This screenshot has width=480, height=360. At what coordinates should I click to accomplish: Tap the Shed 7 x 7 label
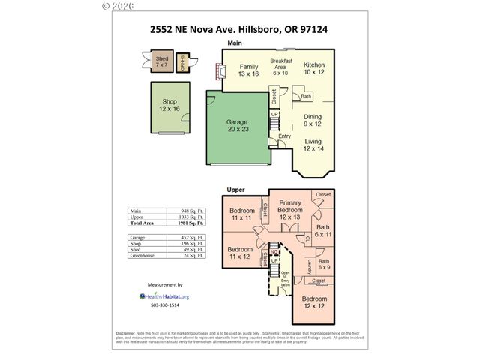coord(161,61)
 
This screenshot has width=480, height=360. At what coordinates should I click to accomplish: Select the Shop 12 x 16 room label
coord(169,106)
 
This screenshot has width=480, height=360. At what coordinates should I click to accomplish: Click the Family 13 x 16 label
coord(248,70)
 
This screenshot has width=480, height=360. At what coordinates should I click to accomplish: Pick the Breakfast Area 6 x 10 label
coord(280,67)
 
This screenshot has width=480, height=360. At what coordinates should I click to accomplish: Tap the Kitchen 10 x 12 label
coord(313,70)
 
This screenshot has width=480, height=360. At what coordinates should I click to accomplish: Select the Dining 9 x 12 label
coord(312,121)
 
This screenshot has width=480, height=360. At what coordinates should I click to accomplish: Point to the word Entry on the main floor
coord(284,136)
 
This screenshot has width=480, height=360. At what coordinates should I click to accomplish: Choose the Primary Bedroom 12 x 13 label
coord(290,209)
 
